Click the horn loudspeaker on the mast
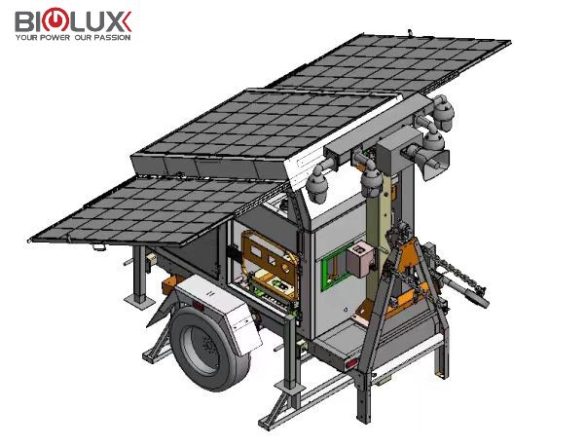tap(435, 164)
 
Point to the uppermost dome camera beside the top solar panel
tap(443, 112)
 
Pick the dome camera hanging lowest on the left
tap(317, 185)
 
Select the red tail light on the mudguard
tap(198, 306)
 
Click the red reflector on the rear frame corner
tap(351, 363)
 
